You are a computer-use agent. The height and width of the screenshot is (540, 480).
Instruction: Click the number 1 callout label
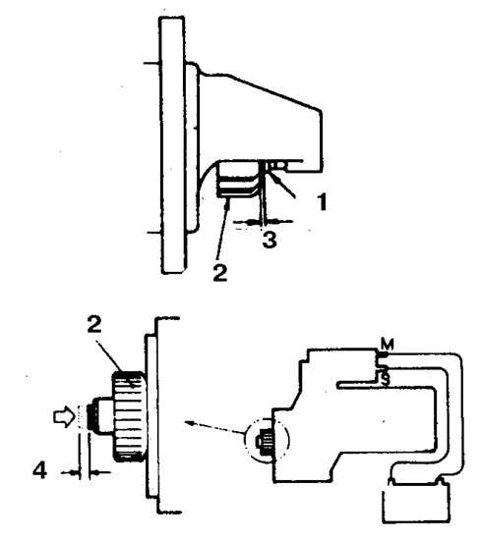tap(322, 201)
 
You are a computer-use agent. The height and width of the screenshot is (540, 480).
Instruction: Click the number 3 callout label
tap(270, 240)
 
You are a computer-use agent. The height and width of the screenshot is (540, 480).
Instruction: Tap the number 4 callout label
tap(39, 470)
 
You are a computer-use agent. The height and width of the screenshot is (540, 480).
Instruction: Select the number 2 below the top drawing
tap(220, 273)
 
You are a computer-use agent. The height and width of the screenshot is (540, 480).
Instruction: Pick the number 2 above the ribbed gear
tap(94, 324)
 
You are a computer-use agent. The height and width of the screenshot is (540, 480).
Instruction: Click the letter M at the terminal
tap(388, 344)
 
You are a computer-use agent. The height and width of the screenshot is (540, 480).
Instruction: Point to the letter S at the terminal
tap(386, 379)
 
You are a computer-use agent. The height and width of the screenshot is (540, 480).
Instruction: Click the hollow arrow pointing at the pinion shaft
tap(64, 417)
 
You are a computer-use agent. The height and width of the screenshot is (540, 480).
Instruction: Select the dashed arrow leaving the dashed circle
tap(214, 427)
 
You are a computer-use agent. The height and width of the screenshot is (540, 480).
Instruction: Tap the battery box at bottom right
tap(415, 502)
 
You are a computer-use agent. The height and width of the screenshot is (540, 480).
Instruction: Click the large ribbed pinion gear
tap(128, 416)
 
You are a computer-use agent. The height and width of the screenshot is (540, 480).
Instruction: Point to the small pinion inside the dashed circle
tap(264, 441)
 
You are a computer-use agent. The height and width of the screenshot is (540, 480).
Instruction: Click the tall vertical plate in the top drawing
tap(172, 145)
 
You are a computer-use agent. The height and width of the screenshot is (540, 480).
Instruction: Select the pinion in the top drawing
tap(237, 180)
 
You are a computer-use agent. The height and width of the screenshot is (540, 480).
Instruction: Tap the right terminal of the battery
tap(441, 479)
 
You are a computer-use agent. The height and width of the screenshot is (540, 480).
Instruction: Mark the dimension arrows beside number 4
tap(86, 473)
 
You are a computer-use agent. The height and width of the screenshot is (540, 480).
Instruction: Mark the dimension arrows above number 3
tap(263, 221)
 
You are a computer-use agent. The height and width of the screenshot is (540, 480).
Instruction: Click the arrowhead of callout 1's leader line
tap(270, 177)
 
